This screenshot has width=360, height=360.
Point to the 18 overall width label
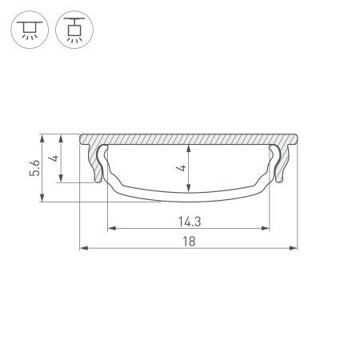186,241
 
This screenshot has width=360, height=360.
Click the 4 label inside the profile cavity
182,168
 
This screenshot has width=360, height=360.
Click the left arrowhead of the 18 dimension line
83,250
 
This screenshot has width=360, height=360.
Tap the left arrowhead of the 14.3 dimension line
110,229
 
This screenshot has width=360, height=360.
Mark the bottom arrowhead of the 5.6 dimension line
41,199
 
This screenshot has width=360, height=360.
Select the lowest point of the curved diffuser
187,198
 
